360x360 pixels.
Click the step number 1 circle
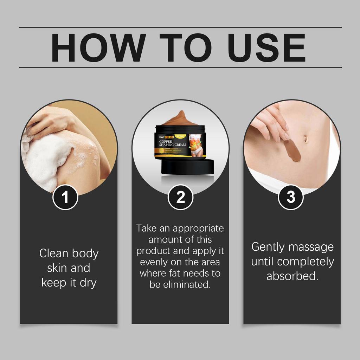(65, 198)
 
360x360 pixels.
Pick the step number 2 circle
(180, 198)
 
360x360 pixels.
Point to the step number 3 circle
(291, 198)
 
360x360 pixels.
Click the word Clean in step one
(53, 253)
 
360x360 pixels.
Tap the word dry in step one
(88, 283)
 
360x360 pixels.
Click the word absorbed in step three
(292, 276)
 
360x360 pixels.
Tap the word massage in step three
(312, 247)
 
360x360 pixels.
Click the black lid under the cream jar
(187, 167)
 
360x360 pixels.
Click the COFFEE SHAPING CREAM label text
(172, 143)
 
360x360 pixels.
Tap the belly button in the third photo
(305, 139)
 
